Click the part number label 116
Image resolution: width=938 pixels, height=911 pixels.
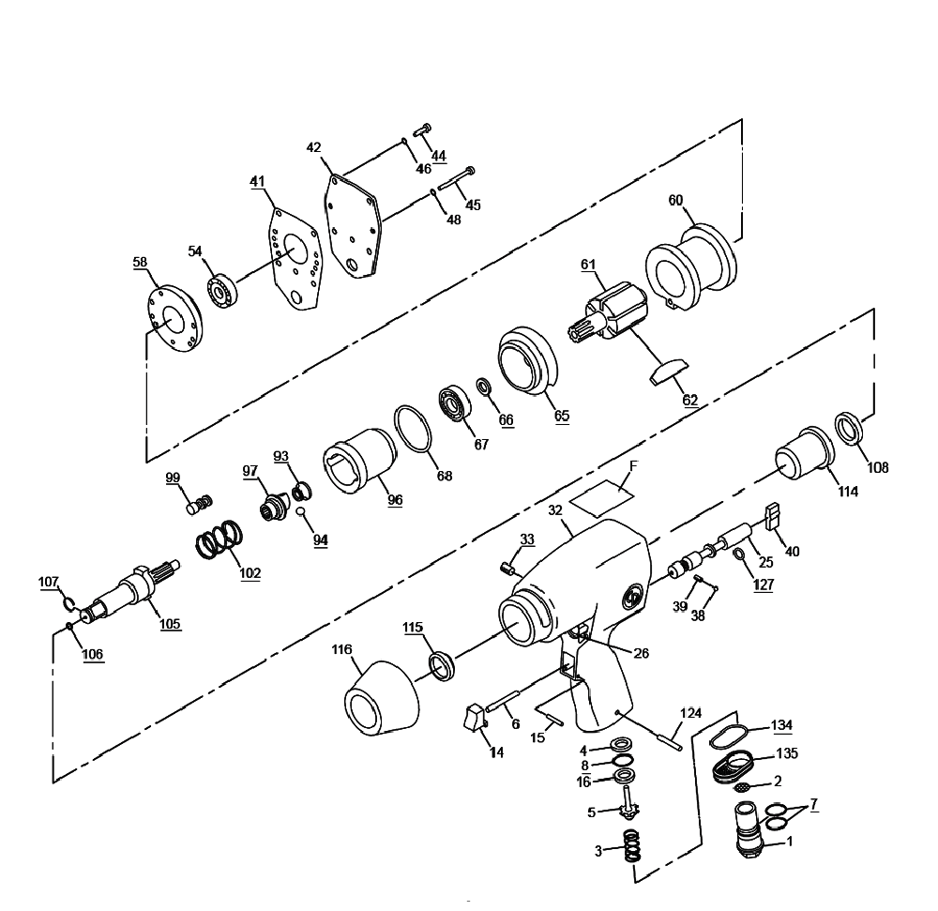tap(342, 649)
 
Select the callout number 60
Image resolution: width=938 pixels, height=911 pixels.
tap(675, 200)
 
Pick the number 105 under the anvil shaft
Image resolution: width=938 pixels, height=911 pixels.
tap(170, 624)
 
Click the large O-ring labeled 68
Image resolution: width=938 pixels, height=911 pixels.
tap(413, 430)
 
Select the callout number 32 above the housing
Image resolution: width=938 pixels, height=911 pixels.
tap(555, 510)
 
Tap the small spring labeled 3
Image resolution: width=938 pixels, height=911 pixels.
tap(631, 845)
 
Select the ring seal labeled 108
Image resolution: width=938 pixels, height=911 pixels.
tap(848, 428)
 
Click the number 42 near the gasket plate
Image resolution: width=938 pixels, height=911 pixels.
tap(313, 147)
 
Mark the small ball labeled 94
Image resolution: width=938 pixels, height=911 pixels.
tap(302, 511)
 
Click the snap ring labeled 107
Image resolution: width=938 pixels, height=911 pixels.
tap(69, 604)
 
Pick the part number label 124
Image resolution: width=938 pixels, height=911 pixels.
tap(691, 713)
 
